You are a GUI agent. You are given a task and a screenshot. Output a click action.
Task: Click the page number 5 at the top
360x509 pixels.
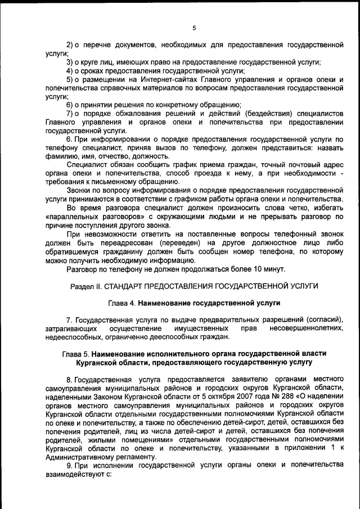[193, 28]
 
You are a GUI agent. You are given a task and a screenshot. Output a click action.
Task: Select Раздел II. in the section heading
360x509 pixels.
[85, 286]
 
